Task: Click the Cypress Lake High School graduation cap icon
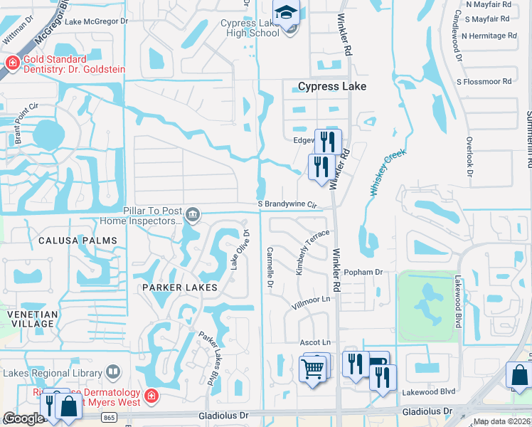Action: click(x=286, y=13)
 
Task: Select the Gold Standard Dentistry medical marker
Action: click(x=11, y=64)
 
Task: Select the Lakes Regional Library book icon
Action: click(x=113, y=371)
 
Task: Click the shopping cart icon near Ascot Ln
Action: click(x=312, y=369)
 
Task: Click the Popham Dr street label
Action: click(x=363, y=272)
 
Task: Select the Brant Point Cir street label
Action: click(x=17, y=124)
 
